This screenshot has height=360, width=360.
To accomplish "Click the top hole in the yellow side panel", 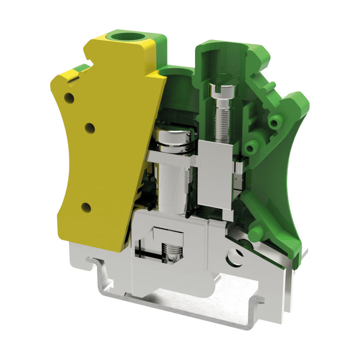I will (69, 98).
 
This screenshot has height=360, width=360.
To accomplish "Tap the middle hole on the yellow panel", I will (90, 128).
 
